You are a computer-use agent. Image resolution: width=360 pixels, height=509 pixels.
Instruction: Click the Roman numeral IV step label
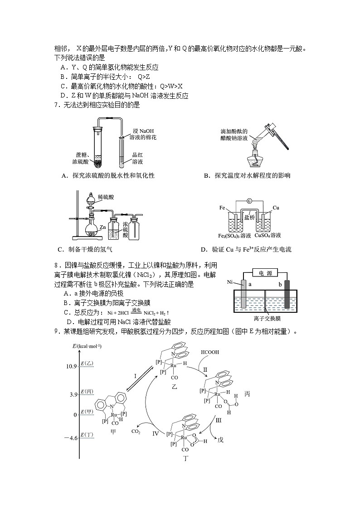tap(156, 433)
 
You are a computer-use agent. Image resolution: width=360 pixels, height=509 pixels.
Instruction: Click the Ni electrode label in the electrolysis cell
tap(230, 282)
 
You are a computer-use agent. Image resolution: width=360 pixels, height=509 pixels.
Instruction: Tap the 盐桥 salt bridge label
tap(249, 217)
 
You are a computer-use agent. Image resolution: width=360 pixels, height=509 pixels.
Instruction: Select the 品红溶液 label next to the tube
tap(137, 158)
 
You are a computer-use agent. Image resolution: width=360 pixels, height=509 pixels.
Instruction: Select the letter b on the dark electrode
tap(280, 284)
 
